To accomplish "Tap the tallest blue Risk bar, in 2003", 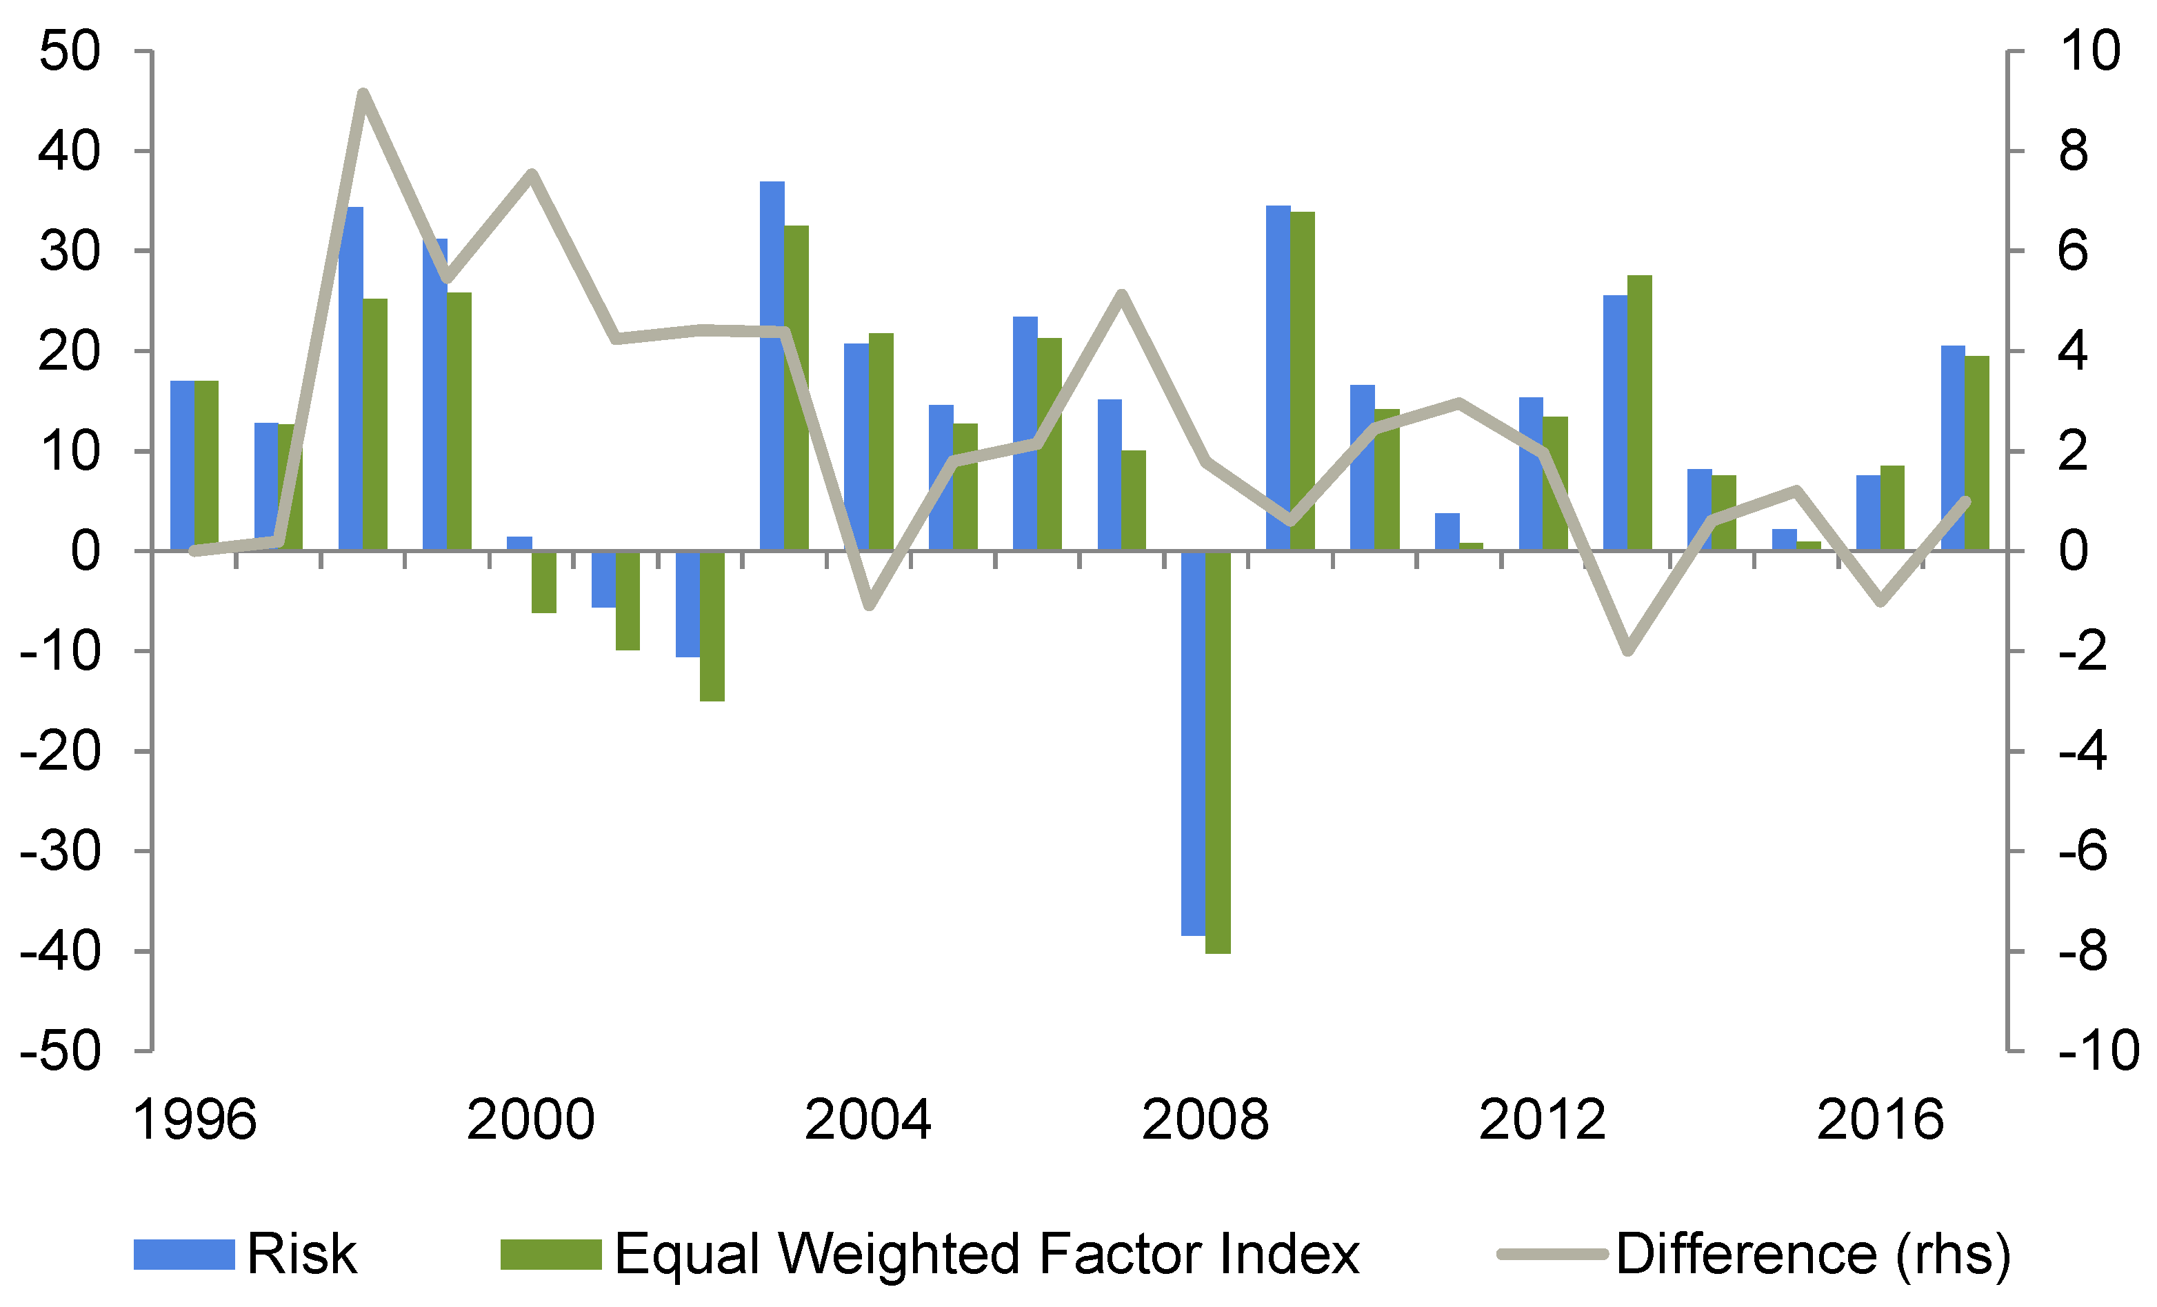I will click(772, 366).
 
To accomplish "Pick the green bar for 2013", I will click(1640, 413).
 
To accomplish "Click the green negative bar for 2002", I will click(712, 626).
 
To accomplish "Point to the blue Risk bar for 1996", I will click(181, 466).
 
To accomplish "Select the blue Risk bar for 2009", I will click(1278, 378).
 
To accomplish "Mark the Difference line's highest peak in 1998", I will click(363, 94).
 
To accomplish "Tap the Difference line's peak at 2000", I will click(532, 173).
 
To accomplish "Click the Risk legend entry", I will click(245, 1254).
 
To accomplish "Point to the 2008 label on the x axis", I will click(1205, 1119).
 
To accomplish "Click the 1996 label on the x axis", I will click(194, 1119).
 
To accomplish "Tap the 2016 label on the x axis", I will click(1880, 1119).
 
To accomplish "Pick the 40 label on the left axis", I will click(70, 152).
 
